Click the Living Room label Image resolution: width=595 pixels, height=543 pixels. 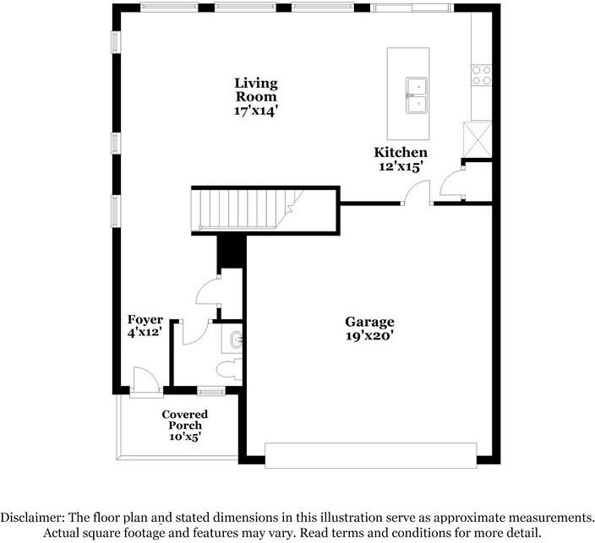click(256, 90)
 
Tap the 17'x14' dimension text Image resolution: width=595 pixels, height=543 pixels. click(256, 111)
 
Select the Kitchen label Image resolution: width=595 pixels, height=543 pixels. click(401, 153)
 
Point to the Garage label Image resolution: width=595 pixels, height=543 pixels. click(369, 322)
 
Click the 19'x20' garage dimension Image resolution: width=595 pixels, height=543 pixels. click(369, 336)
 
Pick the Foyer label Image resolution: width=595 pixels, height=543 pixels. click(145, 320)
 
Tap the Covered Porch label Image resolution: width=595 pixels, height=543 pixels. click(185, 420)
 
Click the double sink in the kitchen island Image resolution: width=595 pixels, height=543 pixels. click(417, 95)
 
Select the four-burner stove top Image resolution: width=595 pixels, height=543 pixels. click(482, 75)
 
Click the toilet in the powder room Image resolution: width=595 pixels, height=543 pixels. click(229, 369)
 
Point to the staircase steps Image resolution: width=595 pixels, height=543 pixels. click(248, 209)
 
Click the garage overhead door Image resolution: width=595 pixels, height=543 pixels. click(370, 455)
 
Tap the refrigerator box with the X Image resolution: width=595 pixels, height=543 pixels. click(478, 138)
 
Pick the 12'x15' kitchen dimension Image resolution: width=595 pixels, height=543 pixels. click(401, 166)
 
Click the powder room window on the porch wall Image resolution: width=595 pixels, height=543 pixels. click(210, 391)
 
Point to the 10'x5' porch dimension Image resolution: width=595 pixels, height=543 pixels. click(185, 437)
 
